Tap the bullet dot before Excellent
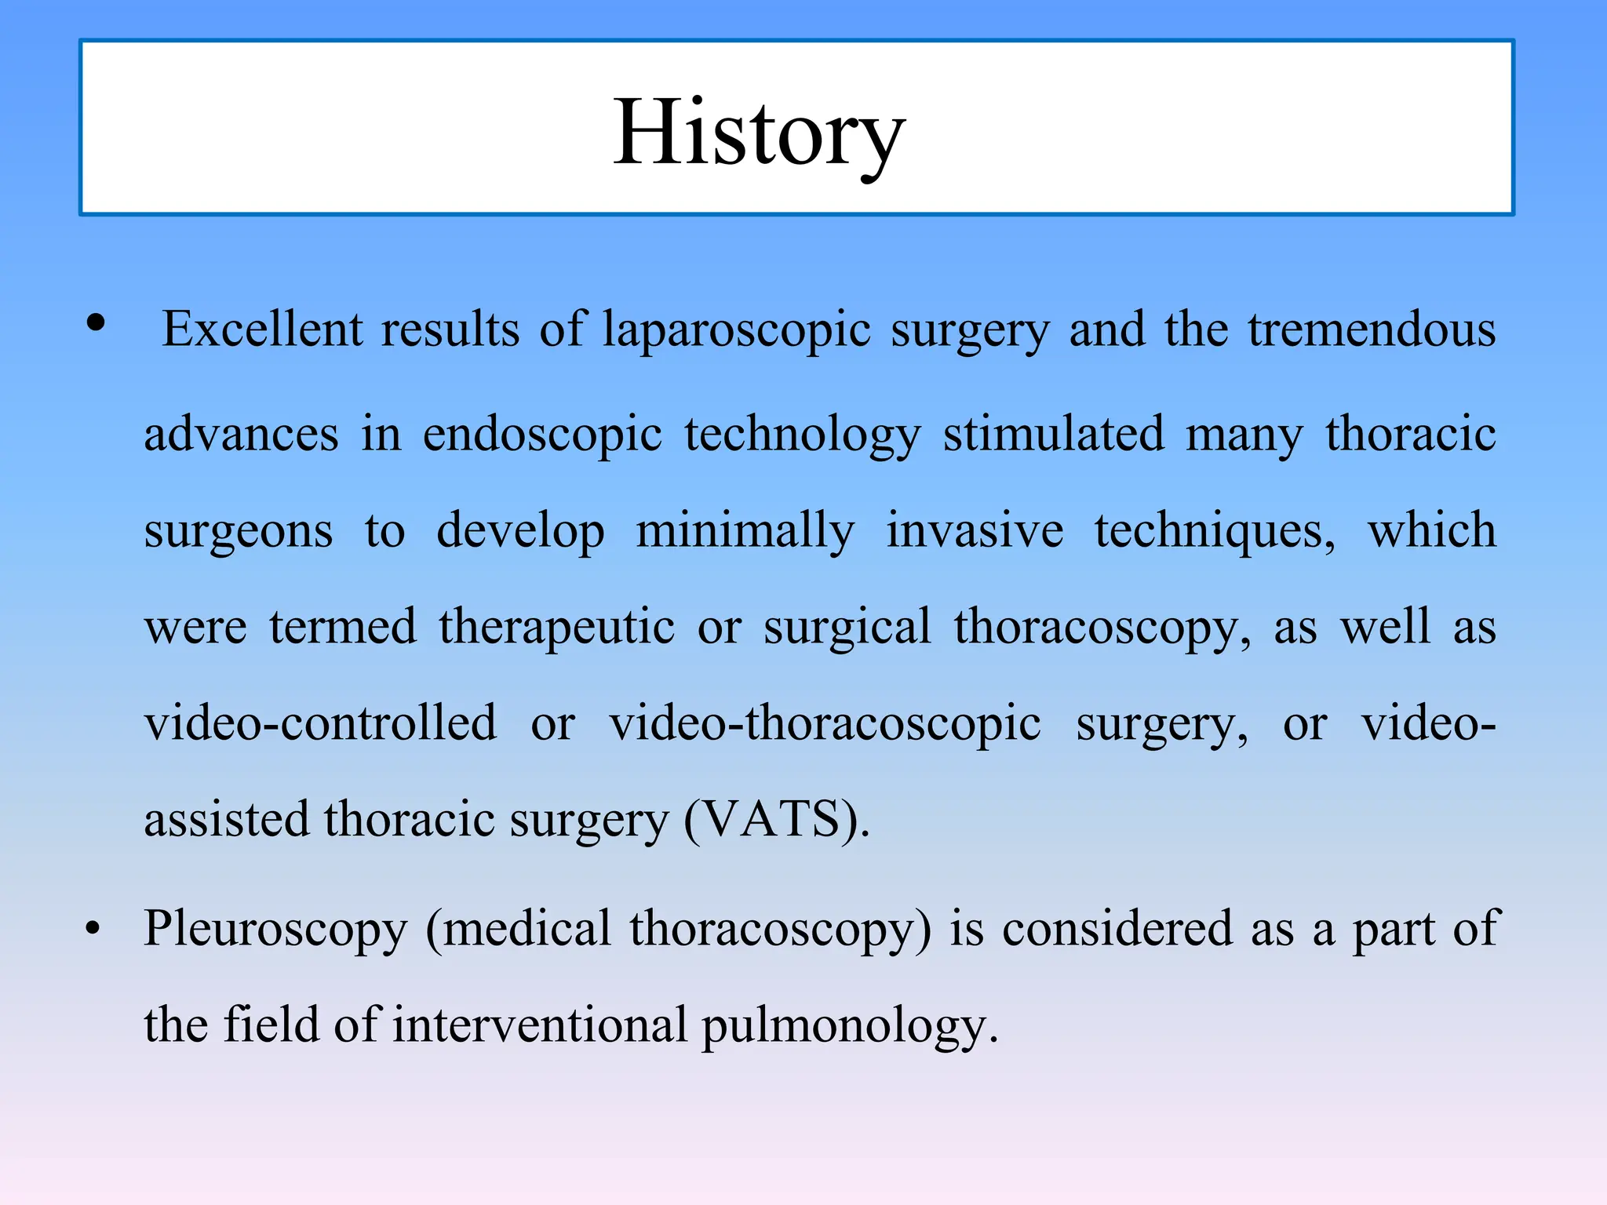[x=96, y=323]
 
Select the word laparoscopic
[x=737, y=329]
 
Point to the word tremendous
[x=1372, y=329]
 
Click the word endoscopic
[x=542, y=434]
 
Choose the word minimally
[x=745, y=530]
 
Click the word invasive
[x=975, y=530]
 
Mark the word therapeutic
[x=556, y=627]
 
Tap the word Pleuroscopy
[x=275, y=930]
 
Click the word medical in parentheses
[x=527, y=930]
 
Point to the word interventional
[x=539, y=1025]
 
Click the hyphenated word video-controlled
[x=320, y=723]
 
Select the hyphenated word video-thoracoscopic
[x=825, y=724]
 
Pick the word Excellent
[x=262, y=329]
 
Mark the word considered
[x=1117, y=930]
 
